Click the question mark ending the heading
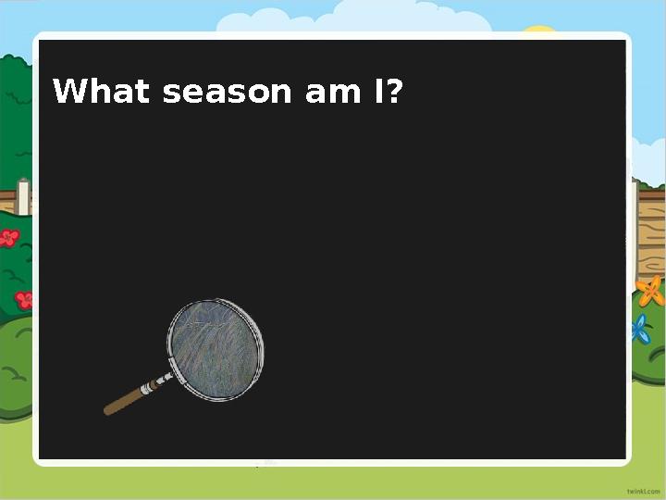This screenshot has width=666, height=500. (x=395, y=93)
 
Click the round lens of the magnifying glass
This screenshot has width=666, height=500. (x=216, y=349)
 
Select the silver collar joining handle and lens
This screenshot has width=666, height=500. (x=159, y=381)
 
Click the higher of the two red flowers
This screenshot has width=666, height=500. (x=9, y=238)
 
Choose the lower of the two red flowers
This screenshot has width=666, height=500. (x=24, y=299)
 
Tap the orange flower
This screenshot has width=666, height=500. (x=651, y=291)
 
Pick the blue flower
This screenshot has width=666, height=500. (x=640, y=329)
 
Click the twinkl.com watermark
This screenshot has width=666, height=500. (x=644, y=488)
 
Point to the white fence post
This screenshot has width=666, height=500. (x=23, y=197)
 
